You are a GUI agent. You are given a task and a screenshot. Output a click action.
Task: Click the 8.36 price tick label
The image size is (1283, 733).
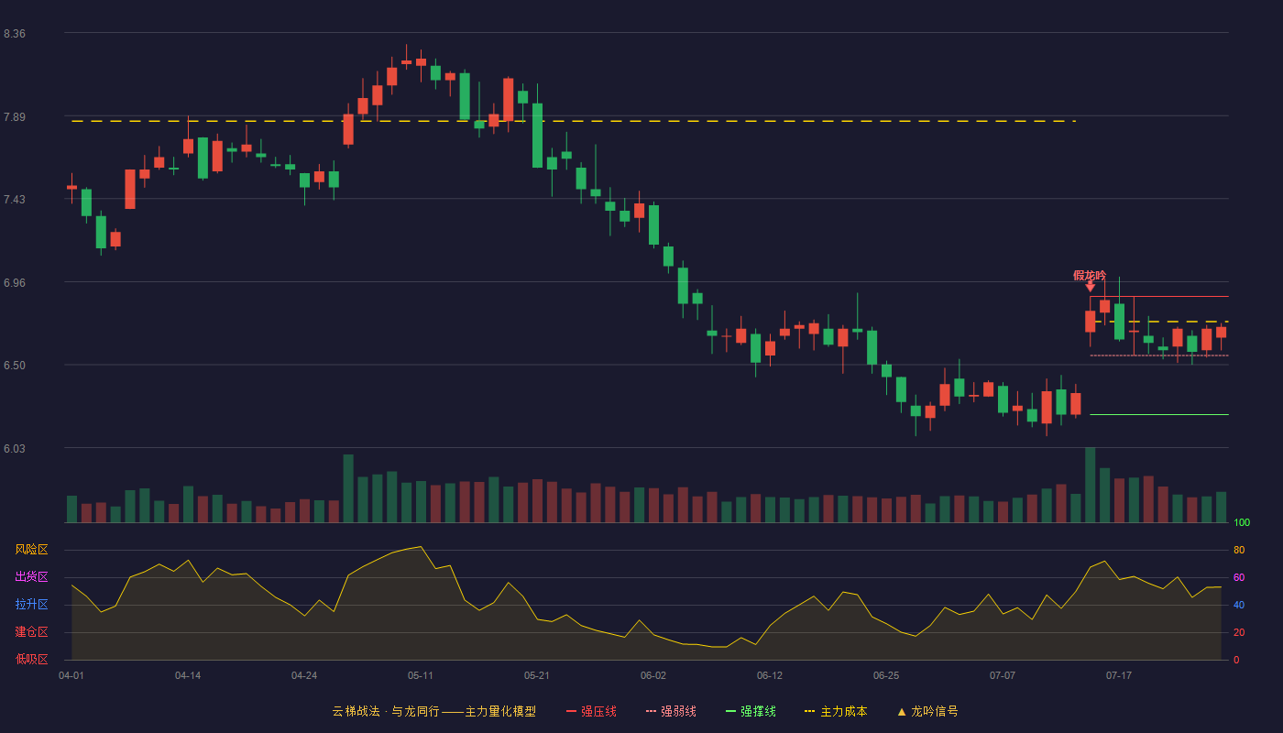[15, 34]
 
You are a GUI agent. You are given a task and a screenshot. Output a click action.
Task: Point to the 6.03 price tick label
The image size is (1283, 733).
[15, 448]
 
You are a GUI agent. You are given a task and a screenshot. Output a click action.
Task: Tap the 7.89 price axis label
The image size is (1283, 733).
[15, 117]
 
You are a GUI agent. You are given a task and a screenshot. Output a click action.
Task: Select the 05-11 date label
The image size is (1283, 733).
[421, 676]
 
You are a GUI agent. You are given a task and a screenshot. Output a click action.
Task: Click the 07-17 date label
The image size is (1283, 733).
[1119, 676]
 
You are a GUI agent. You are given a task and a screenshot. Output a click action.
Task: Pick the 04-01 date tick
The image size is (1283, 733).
[71, 676]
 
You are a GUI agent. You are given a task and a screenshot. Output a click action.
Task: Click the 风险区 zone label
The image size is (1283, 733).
[31, 550]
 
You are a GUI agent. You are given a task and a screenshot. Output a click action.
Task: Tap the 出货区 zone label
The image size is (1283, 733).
[31, 576]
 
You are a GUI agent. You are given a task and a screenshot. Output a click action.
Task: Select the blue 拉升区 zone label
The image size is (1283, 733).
[31, 604]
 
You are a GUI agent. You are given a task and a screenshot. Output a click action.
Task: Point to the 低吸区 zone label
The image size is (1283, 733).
[31, 659]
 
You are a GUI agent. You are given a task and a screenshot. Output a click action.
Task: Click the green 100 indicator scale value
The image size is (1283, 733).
[1242, 522]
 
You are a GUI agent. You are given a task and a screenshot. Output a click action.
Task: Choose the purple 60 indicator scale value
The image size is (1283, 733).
[1239, 577]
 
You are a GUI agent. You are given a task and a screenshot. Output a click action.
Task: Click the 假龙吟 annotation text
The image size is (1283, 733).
[1090, 276]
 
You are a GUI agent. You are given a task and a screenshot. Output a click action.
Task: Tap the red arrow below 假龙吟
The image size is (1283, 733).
[1090, 287]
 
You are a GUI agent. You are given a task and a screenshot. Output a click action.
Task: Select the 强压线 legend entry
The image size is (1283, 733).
[591, 711]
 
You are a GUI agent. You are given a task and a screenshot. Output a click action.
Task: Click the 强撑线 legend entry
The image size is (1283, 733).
[751, 711]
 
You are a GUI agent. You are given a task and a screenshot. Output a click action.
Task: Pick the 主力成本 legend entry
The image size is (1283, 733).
[836, 711]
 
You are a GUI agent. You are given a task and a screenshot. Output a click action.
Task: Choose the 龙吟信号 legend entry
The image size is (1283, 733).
[927, 711]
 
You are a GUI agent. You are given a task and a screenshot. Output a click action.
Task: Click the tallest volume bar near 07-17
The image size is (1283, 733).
[1090, 485]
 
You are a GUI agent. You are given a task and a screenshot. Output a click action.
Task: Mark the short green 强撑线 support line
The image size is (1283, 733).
[1159, 414]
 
